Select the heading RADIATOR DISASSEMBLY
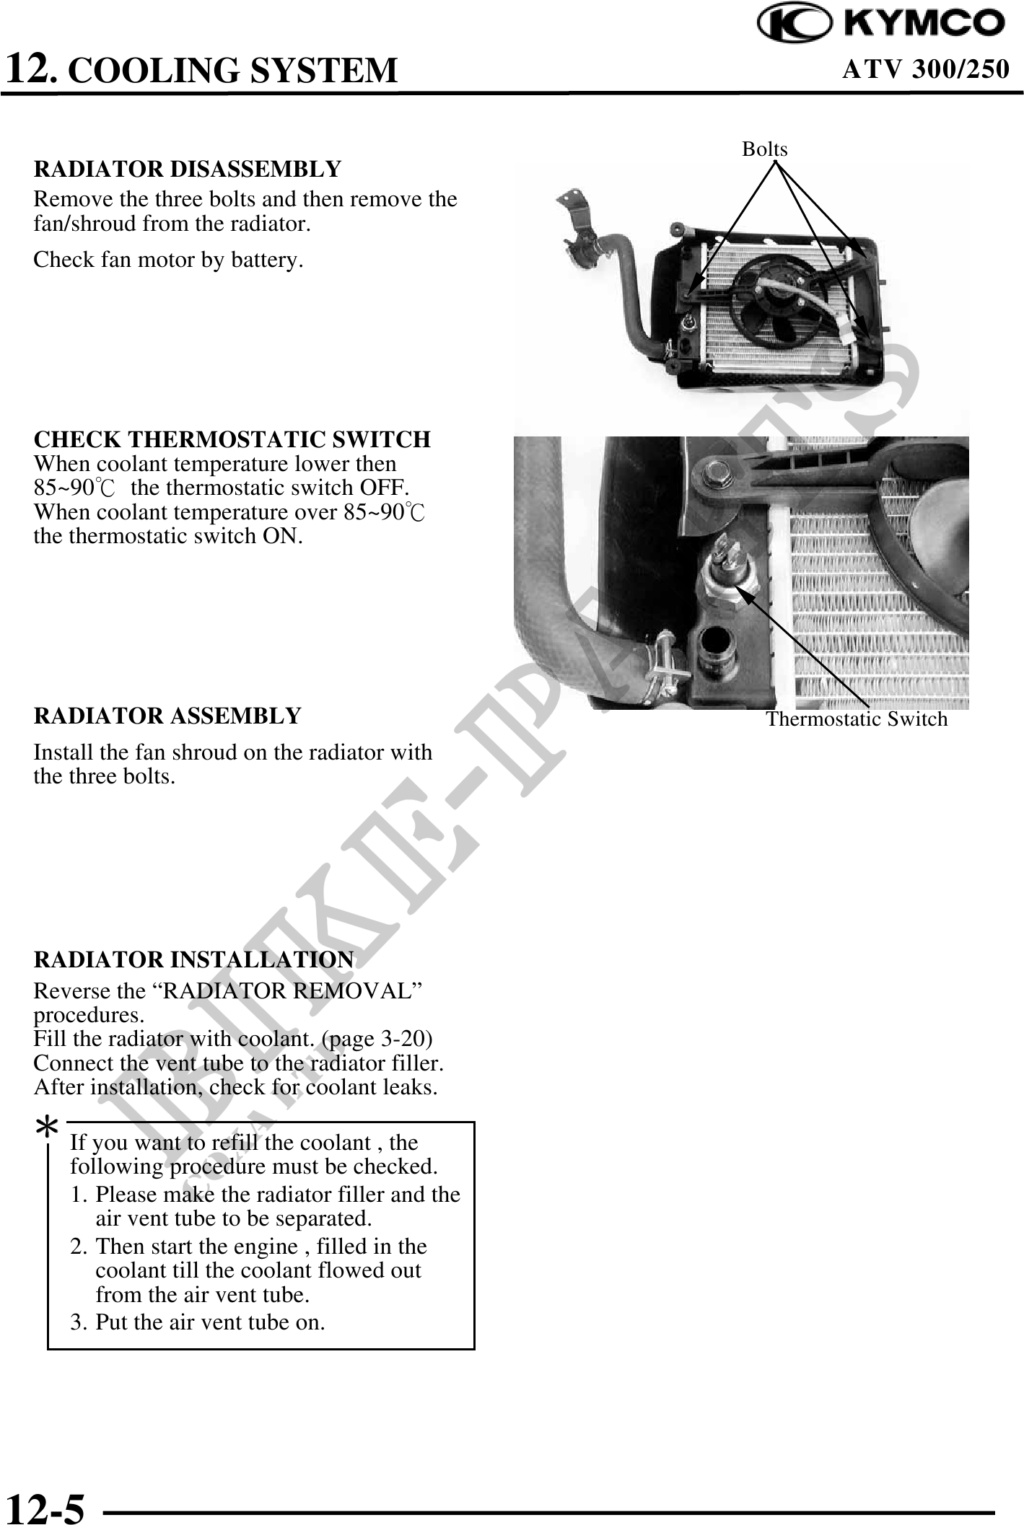(x=187, y=169)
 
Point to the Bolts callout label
(x=765, y=149)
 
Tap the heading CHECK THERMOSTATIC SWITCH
(x=232, y=439)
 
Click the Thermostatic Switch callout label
(x=856, y=719)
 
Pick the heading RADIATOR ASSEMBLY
(x=167, y=716)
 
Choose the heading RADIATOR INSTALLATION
(x=193, y=960)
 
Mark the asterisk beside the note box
(x=47, y=1128)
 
